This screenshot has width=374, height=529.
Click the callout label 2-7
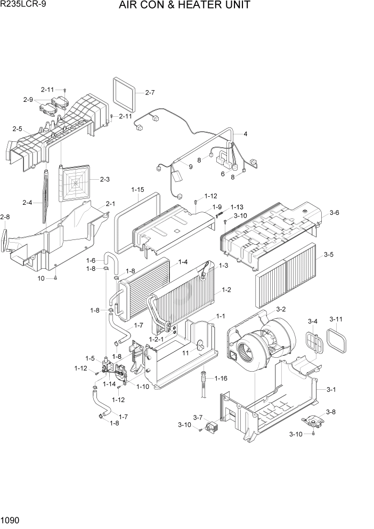coord(150,92)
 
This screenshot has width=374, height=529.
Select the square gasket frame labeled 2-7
coord(125,92)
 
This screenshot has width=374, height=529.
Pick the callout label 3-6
coord(335,213)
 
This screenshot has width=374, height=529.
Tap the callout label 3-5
coord(329,255)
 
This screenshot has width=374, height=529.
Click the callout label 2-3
coord(104,179)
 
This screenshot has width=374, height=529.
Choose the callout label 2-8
coord(5,217)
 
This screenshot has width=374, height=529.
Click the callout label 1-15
coord(138,189)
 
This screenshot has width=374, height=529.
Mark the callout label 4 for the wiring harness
coord(245,134)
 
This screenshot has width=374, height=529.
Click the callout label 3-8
coord(330,412)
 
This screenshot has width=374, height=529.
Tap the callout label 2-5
coord(17,129)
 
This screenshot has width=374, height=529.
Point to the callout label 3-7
coord(198,417)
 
